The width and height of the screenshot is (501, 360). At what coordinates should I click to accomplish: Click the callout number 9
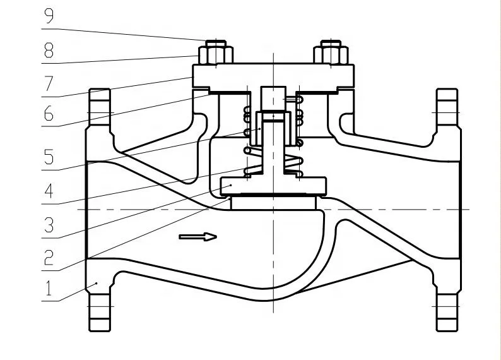click(x=49, y=16)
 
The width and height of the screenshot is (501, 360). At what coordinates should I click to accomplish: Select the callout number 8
click(x=49, y=50)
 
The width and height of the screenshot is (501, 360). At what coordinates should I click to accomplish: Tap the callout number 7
click(x=49, y=83)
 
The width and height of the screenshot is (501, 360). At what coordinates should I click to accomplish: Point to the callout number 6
click(x=49, y=114)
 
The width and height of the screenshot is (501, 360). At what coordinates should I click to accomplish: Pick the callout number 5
click(x=49, y=157)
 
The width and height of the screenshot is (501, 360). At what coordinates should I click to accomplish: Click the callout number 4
click(x=48, y=191)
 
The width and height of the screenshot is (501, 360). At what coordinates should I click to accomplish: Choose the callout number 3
click(x=49, y=225)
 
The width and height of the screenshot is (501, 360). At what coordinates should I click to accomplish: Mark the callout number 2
click(x=49, y=258)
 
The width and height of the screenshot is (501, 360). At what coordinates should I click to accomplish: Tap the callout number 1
click(x=49, y=288)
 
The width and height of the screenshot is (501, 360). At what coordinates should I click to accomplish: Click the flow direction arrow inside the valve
click(x=198, y=237)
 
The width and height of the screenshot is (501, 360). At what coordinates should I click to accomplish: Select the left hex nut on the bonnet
click(x=216, y=55)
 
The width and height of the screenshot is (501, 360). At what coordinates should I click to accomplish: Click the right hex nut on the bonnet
click(x=331, y=55)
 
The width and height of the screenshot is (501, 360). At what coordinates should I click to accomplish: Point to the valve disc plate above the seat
click(x=273, y=186)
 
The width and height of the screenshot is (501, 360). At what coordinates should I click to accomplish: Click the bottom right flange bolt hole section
click(x=447, y=312)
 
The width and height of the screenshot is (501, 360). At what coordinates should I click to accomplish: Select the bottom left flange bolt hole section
click(x=100, y=312)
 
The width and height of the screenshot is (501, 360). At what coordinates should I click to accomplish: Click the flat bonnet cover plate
click(x=273, y=76)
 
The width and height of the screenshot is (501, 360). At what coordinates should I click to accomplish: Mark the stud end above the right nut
click(x=331, y=44)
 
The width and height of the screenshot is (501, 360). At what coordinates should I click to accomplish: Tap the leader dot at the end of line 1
click(x=97, y=284)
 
